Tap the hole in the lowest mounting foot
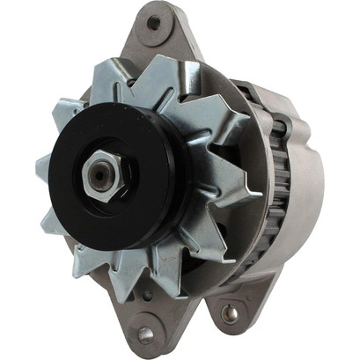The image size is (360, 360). click(x=145, y=334)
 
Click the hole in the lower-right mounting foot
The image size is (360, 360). click(x=231, y=312)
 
